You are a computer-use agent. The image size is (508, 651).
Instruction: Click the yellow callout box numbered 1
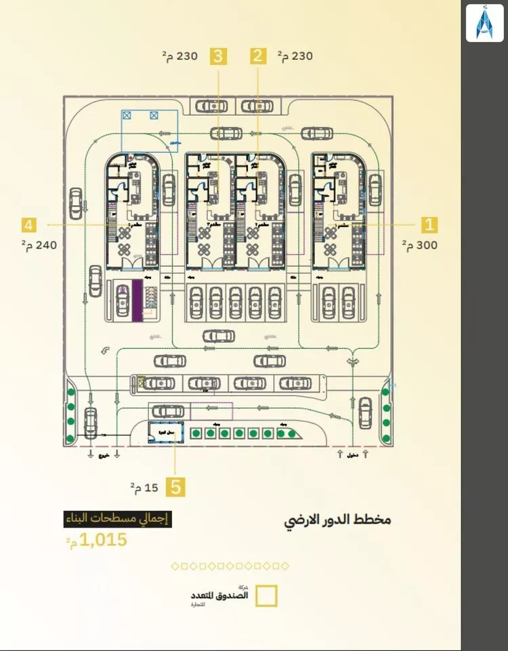click(429, 225)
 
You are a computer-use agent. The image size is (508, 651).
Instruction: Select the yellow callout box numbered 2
click(257, 56)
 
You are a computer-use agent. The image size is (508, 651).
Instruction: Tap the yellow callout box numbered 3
click(217, 56)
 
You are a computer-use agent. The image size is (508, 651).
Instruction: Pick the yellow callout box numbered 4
click(28, 224)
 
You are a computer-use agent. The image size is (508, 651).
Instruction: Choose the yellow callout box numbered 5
click(176, 486)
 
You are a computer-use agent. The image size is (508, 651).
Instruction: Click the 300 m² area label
click(419, 245)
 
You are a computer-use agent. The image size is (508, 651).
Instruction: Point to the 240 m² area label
click(39, 245)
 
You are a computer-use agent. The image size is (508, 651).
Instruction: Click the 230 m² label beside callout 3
click(179, 56)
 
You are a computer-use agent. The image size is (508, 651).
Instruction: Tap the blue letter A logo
click(484, 22)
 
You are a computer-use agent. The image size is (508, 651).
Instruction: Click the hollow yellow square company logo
click(266, 595)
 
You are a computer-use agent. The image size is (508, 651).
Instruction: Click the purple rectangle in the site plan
click(137, 300)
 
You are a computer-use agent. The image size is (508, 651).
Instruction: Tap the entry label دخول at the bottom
click(352, 455)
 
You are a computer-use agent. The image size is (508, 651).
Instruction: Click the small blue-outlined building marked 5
click(162, 432)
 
